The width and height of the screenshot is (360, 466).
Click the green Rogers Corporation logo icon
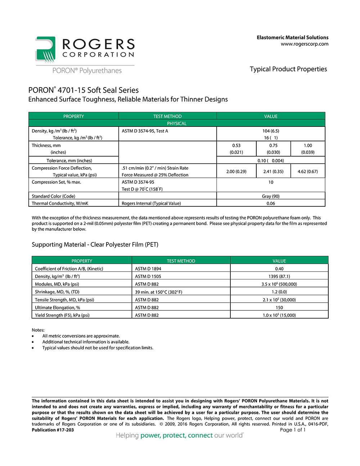pyautogui.click(x=45, y=49)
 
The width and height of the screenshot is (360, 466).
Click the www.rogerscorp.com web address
pyautogui.click(x=305, y=44)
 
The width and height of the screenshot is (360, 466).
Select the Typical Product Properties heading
pyautogui.click(x=288, y=69)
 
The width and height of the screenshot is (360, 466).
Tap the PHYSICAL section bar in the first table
pyautogui.click(x=177, y=124)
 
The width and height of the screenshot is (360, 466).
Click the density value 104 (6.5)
pyautogui.click(x=271, y=131)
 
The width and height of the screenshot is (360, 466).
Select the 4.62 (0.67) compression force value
pyautogui.click(x=308, y=171)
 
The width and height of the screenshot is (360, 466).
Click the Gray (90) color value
pyautogui.click(x=271, y=196)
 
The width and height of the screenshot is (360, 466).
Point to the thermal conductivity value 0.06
pyautogui.click(x=271, y=203)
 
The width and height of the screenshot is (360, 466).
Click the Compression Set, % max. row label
pyautogui.click(x=57, y=182)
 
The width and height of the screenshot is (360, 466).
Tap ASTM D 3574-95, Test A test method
pyautogui.click(x=145, y=131)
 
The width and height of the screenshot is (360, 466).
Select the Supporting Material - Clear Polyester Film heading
pyautogui.click(x=95, y=245)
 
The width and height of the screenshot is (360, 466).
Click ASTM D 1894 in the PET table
pyautogui.click(x=148, y=269)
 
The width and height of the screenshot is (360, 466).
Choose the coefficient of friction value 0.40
pyautogui.click(x=279, y=269)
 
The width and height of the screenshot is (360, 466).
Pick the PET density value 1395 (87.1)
pyautogui.click(x=279, y=277)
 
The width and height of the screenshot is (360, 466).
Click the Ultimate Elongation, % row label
pyautogui.click(x=58, y=308)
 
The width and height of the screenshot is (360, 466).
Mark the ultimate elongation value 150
pyautogui.click(x=279, y=308)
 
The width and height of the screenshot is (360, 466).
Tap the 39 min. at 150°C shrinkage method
pyautogui.click(x=158, y=292)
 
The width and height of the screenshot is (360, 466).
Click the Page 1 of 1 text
pyautogui.click(x=293, y=430)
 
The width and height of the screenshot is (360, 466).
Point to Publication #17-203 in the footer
pyautogui.click(x=53, y=430)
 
